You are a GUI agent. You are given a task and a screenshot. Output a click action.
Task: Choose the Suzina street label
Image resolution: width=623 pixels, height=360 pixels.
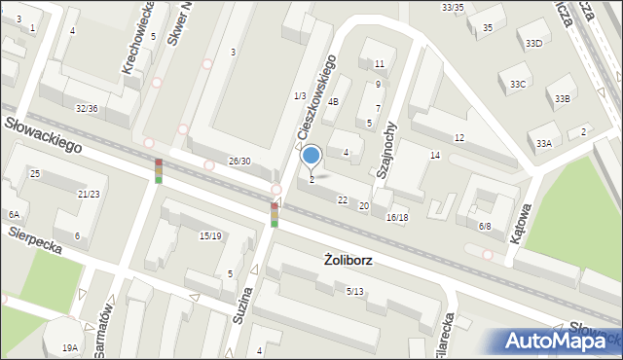(244, 308)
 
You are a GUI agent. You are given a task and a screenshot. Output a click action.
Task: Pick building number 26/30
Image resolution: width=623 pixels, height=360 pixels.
(239, 161)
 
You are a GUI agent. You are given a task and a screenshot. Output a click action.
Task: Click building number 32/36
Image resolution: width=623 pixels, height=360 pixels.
(87, 108)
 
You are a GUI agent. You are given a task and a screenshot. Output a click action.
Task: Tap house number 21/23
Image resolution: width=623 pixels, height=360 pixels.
(89, 194)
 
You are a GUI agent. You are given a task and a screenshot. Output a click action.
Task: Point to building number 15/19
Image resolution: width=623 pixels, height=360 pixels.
(210, 235)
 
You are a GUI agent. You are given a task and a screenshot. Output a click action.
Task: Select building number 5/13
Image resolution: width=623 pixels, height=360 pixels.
(354, 291)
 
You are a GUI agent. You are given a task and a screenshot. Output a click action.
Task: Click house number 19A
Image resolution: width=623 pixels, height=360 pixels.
(69, 347)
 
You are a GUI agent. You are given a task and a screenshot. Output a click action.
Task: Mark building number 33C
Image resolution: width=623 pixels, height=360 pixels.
(518, 85)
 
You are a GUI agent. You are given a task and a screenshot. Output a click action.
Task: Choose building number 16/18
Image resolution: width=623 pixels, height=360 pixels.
(396, 217)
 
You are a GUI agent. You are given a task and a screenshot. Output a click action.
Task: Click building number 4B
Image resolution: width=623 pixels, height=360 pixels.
(334, 101)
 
